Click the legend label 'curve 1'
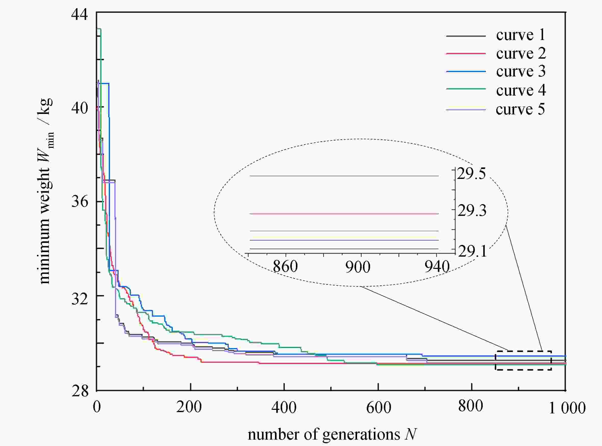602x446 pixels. (x=520, y=35)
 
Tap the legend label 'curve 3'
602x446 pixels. (x=521, y=71)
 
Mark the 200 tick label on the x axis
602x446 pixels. (x=189, y=406)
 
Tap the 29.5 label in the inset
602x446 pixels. (x=471, y=174)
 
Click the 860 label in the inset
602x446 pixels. (x=285, y=267)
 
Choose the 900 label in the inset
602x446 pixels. (x=358, y=267)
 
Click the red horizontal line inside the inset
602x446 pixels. (x=343, y=214)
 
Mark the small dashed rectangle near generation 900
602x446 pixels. (x=523, y=360)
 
